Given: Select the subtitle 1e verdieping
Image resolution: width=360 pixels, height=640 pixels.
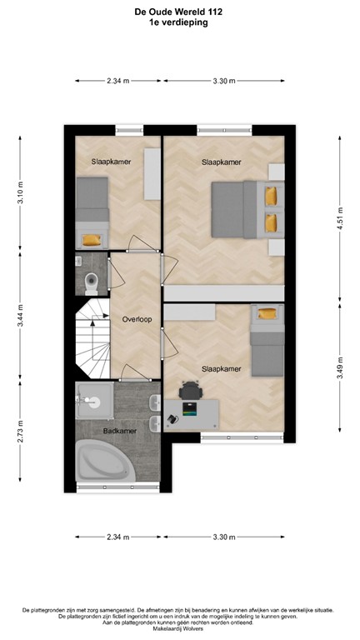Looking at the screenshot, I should (180, 23).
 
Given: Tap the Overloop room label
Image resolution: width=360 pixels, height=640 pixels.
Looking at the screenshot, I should (136, 318).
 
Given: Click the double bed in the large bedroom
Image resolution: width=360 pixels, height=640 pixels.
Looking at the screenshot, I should (237, 210).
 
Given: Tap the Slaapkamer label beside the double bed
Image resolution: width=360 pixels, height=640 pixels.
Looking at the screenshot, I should (222, 162).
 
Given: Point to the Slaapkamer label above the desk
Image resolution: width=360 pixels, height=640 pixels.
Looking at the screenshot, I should (222, 367).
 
